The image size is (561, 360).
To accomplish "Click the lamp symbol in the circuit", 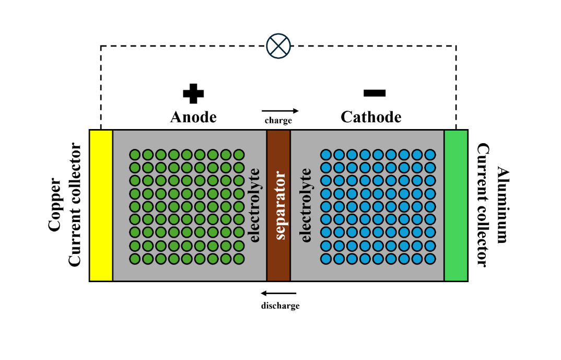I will (x=278, y=46).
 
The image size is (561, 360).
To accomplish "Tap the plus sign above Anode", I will (x=193, y=94).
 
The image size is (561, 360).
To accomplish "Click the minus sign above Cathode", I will (x=375, y=93).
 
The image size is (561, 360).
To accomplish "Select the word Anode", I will (x=193, y=117).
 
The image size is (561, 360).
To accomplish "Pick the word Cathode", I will (x=371, y=117).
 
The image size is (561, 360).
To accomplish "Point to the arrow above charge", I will (x=280, y=111).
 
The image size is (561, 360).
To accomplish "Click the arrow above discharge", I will (x=279, y=293).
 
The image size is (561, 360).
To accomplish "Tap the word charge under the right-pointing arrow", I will (x=278, y=121).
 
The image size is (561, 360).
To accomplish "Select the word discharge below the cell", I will (x=280, y=306).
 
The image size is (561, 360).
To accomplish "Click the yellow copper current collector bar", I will (x=101, y=205).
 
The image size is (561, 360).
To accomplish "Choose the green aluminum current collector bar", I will (x=456, y=205).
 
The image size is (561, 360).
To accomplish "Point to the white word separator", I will (x=280, y=205).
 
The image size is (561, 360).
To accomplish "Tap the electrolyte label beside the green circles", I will (x=255, y=205).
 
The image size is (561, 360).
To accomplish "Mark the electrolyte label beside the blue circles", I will (x=307, y=205).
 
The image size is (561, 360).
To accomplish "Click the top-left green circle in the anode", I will (x=135, y=155).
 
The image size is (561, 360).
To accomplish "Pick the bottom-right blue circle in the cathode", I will (x=430, y=258).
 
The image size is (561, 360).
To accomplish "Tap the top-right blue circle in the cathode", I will (x=430, y=155).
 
